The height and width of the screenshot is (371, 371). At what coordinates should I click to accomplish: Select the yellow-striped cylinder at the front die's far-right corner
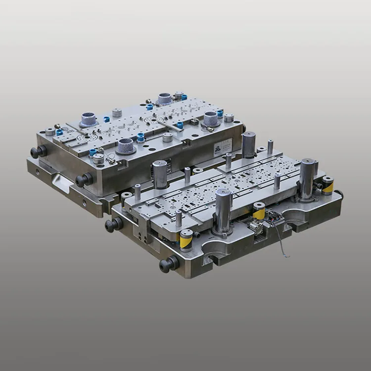[327, 185]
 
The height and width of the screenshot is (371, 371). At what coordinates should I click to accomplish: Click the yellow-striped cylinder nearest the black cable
[259, 211]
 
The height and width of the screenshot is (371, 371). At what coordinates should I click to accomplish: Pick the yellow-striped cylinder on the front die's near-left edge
[186, 240]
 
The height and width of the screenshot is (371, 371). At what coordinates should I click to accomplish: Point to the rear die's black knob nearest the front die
[84, 179]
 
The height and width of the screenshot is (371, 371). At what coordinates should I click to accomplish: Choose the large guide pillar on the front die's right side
[307, 178]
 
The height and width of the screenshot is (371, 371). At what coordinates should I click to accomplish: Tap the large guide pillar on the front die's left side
[160, 174]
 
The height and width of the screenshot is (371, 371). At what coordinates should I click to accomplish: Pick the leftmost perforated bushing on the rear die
[88, 119]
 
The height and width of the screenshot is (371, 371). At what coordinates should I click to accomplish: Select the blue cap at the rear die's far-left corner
[59, 132]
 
